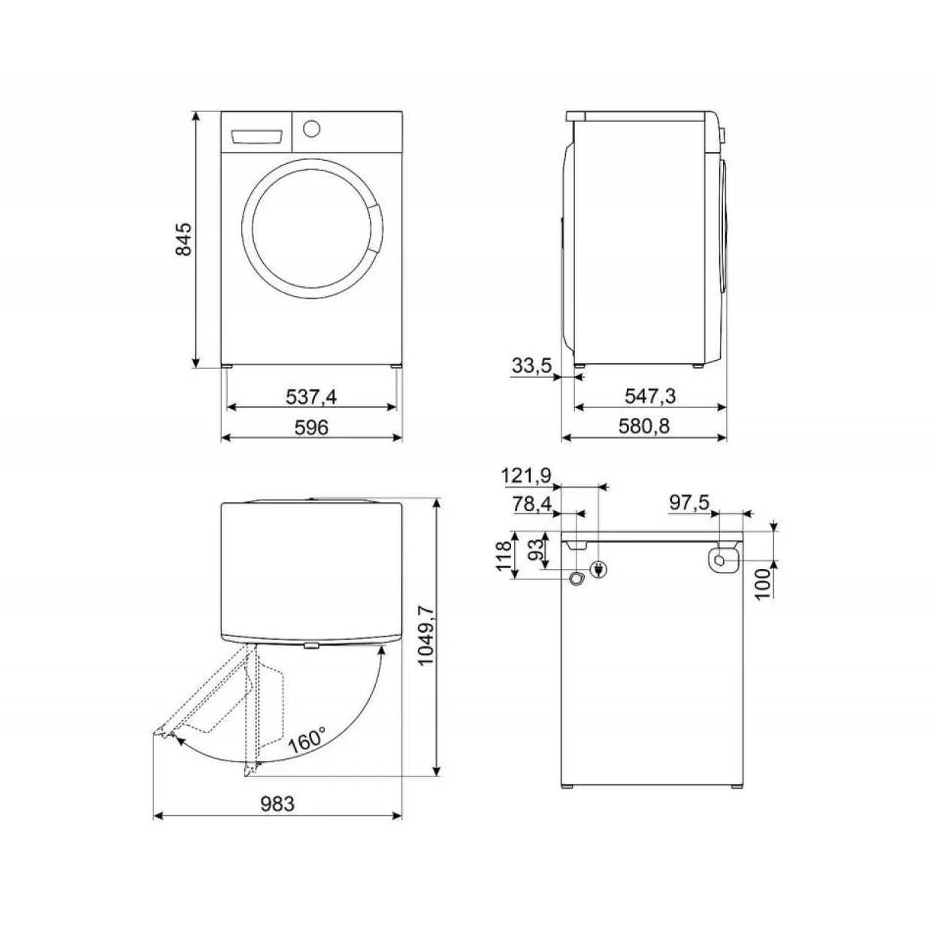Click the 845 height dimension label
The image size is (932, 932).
coord(184,239)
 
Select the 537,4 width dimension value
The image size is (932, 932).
coord(311,397)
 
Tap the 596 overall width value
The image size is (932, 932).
coord(311,427)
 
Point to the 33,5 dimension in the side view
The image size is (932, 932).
coord(531,365)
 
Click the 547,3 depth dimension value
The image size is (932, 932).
coord(650,396)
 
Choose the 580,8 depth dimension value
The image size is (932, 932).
coord(643,426)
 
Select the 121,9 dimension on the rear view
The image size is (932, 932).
coord(525,476)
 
